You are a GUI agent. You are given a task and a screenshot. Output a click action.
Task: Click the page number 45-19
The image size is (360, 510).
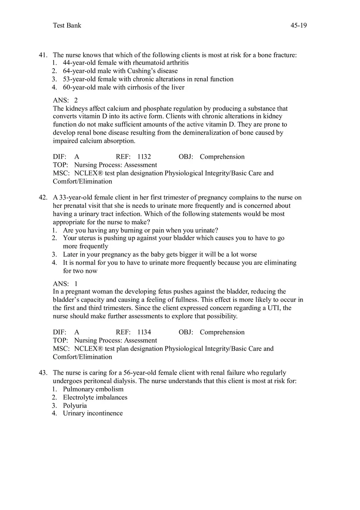click(299, 25)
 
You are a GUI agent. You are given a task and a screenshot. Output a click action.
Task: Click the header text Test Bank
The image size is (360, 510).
click(67, 25)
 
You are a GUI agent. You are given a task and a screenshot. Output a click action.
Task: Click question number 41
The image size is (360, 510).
click(43, 55)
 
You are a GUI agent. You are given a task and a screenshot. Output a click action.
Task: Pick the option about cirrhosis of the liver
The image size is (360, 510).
click(124, 88)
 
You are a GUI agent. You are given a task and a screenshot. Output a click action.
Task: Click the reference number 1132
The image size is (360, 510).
click(144, 157)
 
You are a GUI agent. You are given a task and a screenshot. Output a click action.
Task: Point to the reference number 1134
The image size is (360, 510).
click(144, 332)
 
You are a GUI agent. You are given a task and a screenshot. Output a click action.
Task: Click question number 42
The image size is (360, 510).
click(43, 198)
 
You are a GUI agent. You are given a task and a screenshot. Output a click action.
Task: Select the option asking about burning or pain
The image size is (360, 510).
click(140, 230)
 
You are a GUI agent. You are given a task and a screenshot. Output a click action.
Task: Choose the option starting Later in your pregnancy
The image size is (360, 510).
click(160, 254)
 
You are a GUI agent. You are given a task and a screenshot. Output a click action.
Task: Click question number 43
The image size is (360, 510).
click(43, 373)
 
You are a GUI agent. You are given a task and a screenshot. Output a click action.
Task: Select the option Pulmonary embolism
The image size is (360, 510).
click(93, 389)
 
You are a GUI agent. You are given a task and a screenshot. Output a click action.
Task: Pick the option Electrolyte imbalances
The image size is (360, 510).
click(95, 398)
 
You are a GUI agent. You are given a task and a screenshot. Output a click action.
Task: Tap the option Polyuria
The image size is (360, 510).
click(75, 406)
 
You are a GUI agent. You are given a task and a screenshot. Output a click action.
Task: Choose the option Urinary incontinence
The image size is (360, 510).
click(92, 413)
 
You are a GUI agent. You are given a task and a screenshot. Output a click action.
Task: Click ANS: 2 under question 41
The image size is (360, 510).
click(65, 100)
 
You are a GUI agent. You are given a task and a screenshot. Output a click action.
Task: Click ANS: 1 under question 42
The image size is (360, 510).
click(65, 283)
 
